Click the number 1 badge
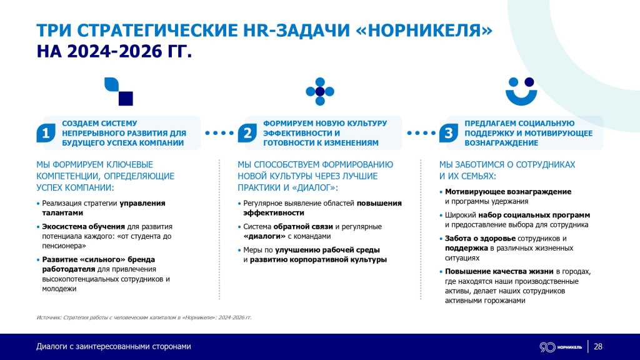pos(46,133)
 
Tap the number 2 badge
pos(247,133)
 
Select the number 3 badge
pos(449,133)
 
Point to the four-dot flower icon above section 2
pos(320,91)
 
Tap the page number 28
pos(598,347)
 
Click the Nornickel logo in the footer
pos(560,347)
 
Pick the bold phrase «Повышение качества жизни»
pos(499,271)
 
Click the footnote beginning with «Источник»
pos(144,317)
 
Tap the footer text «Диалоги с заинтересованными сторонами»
pos(113,347)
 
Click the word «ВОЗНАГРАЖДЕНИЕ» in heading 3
pos(501,142)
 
